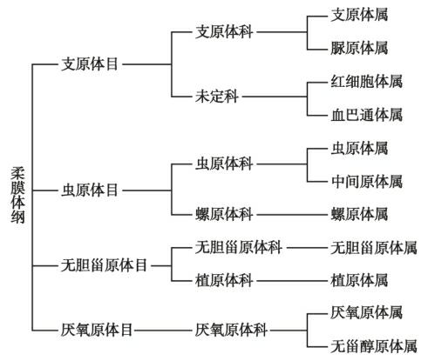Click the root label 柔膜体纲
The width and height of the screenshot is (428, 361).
tap(17, 195)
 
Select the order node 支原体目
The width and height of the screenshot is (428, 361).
tap(90, 64)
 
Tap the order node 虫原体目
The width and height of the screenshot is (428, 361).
tap(90, 191)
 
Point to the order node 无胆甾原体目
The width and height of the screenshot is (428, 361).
tap(104, 265)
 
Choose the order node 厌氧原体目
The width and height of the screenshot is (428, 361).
tap(97, 330)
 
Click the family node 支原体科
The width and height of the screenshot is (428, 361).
tap(224, 31)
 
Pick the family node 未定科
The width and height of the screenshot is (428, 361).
tap(217, 97)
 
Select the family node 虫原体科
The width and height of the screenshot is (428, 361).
tap(224, 164)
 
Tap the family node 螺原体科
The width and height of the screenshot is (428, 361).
tap(224, 215)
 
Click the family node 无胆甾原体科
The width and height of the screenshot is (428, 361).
tap(238, 248)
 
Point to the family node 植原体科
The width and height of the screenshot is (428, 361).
tap(224, 281)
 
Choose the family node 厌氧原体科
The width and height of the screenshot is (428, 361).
tap(231, 330)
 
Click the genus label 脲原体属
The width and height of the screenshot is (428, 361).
tap(359, 48)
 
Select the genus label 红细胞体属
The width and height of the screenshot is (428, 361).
tap(367, 82)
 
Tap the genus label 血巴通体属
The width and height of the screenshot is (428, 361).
tap(367, 115)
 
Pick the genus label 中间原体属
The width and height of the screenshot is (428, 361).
tap(367, 182)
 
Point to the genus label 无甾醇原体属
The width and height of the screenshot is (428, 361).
tap(374, 346)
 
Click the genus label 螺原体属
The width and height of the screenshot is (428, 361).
tap(359, 215)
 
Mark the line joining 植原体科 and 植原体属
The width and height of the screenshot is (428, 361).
tap(292, 281)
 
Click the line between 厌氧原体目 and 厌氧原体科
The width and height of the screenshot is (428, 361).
tap(163, 330)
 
